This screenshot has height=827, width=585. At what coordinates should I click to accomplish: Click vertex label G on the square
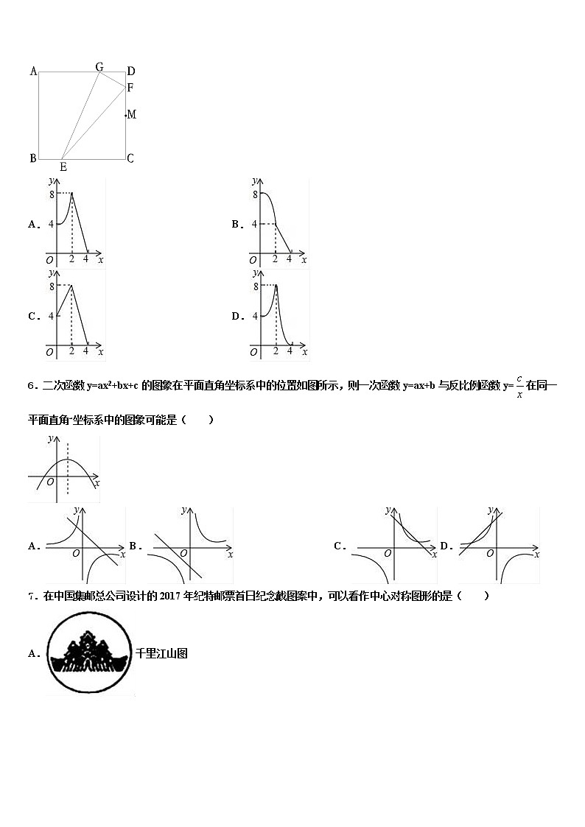(99, 67)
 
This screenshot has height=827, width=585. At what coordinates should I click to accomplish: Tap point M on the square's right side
(131, 114)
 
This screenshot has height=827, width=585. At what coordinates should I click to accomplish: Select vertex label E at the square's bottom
(63, 167)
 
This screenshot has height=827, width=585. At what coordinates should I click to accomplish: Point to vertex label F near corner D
(130, 88)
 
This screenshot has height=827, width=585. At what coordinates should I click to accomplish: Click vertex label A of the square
(33, 71)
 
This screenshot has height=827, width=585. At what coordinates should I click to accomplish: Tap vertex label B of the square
(32, 158)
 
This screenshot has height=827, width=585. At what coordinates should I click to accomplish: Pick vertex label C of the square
(130, 158)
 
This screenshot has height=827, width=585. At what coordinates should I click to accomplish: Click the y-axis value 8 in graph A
(51, 194)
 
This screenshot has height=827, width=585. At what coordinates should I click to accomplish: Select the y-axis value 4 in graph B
(254, 224)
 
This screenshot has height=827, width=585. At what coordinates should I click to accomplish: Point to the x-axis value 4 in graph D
(290, 351)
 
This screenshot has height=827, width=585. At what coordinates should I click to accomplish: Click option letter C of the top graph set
(33, 317)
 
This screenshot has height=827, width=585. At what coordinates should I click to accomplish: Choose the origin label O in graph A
(49, 260)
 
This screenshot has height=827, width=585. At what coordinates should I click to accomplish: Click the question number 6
(30, 385)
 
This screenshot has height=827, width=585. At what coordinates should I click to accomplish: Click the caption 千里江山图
(161, 652)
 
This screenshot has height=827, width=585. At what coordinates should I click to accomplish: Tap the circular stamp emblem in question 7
(90, 653)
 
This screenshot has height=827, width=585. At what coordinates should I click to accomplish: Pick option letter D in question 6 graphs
(445, 546)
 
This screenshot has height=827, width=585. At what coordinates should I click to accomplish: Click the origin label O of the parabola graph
(49, 482)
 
